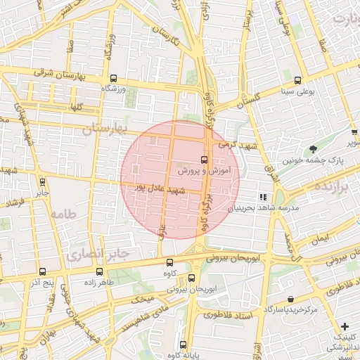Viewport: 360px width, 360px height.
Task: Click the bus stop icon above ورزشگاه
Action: tap(113, 79)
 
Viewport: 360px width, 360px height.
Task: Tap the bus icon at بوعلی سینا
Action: tap(297, 80)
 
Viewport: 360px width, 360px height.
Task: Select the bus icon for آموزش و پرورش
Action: tap(204, 160)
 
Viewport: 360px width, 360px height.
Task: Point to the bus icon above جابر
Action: tap(42, 181)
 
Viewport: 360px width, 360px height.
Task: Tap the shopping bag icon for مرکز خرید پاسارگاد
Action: tap(291, 300)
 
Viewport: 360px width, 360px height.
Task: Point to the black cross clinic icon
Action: tap(345, 326)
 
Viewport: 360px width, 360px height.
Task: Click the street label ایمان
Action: tap(321, 238)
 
